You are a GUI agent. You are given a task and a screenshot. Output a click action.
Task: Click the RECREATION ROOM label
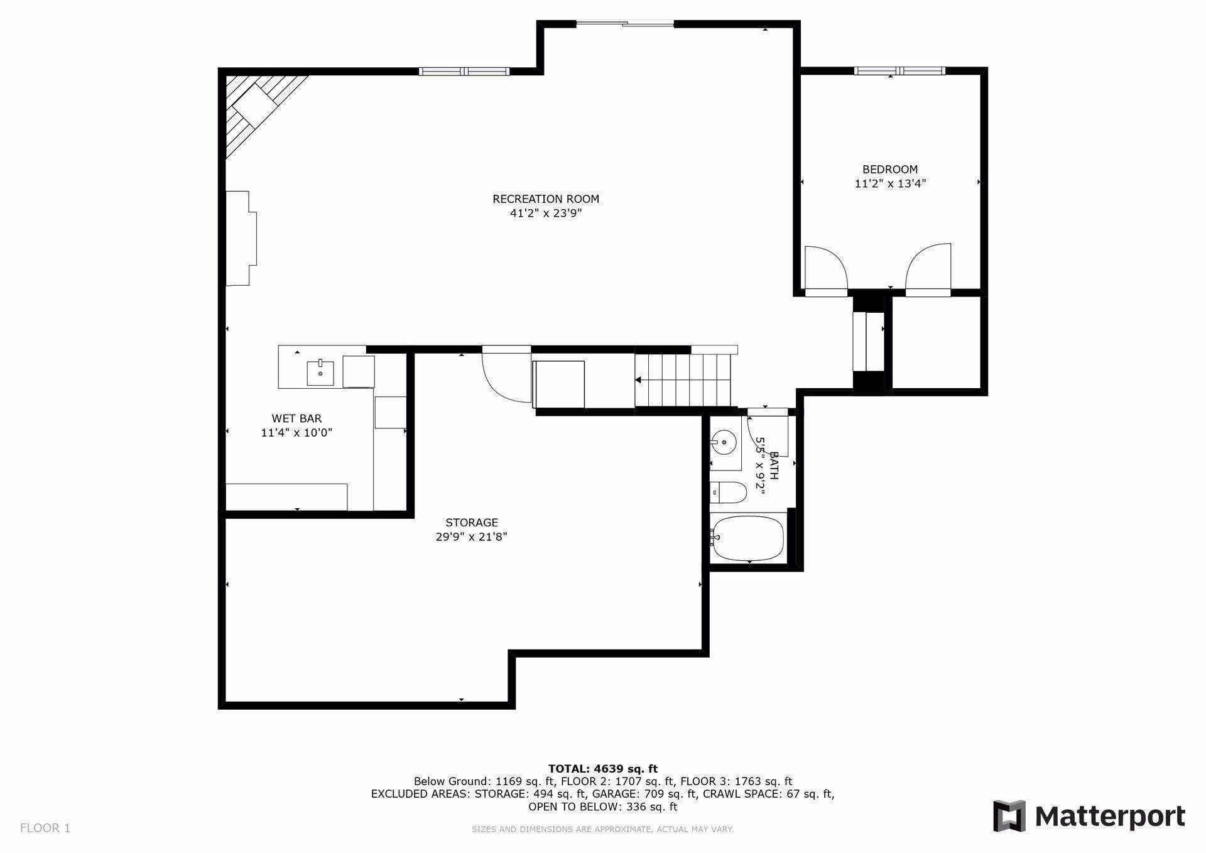[x=545, y=199]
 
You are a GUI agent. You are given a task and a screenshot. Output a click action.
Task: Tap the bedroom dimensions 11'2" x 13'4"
[x=890, y=184]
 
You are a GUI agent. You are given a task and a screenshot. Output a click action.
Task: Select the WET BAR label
[x=296, y=418]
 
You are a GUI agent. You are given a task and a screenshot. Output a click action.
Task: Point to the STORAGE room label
[x=472, y=523]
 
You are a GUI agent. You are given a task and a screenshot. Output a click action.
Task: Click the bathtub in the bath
[x=748, y=538]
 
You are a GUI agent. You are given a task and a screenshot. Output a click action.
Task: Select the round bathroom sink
[x=724, y=442]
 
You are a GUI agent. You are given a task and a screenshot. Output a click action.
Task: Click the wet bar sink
[x=321, y=372]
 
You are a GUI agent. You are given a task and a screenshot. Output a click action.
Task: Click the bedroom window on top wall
[x=899, y=71]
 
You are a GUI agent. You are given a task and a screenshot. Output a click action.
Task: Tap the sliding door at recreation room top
[x=625, y=24]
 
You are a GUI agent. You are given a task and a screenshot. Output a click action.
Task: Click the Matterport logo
[x=1089, y=817]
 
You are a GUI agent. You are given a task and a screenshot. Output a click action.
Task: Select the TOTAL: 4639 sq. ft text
[x=602, y=769]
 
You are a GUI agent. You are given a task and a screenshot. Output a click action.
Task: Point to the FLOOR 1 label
[x=45, y=828]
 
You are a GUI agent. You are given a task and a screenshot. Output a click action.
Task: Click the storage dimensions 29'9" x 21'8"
[x=472, y=537]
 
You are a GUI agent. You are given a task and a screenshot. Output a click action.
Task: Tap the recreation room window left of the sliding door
[x=464, y=71]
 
